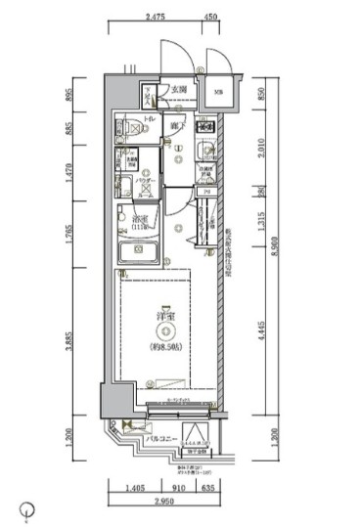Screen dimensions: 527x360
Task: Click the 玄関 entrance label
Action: point(179,91)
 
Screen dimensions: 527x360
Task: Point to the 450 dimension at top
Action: point(209,17)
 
